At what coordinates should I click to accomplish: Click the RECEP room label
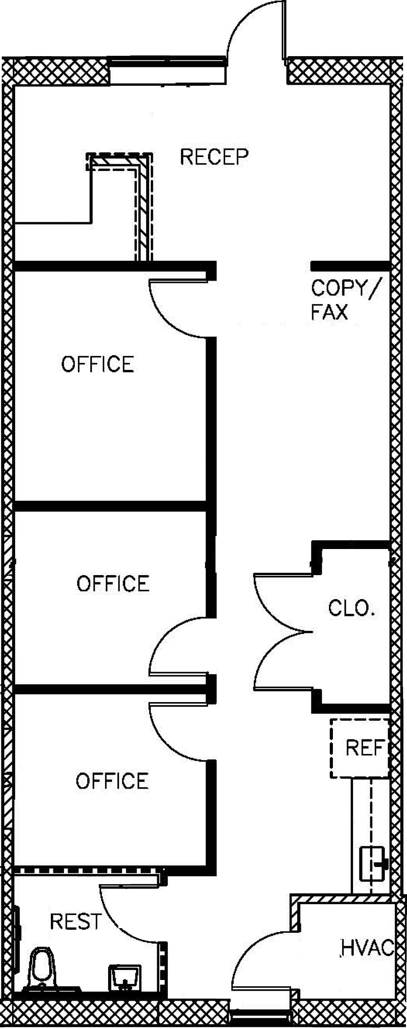(214, 157)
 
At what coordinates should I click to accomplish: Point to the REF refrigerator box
(359, 748)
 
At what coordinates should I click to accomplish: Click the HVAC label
(367, 947)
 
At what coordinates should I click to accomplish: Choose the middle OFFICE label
(113, 583)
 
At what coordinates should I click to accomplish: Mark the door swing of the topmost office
(176, 308)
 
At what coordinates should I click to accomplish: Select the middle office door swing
(176, 647)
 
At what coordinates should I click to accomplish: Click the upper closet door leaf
(280, 599)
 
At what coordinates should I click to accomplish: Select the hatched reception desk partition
(143, 204)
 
